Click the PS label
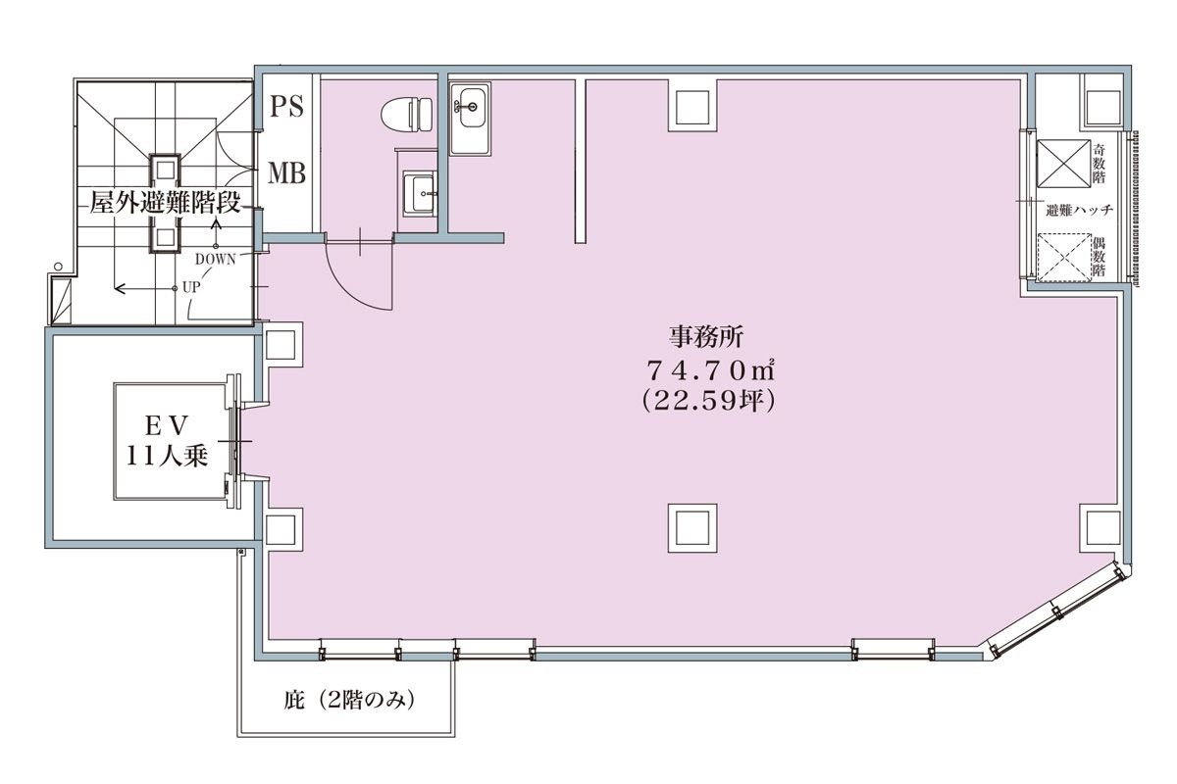coord(286,106)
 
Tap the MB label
coord(286,172)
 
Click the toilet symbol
coord(406,115)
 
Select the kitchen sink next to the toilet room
coord(471,119)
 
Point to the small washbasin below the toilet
coord(420,193)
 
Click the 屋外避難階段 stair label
coord(165,203)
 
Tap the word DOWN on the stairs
coord(216,260)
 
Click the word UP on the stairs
coord(190,287)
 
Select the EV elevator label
coord(167,426)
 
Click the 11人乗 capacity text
coord(167,456)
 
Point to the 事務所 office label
coord(706,336)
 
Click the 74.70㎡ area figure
coord(710,369)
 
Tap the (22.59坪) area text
coord(708,401)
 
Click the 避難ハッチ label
coord(1079,211)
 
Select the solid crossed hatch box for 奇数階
coord(1063,164)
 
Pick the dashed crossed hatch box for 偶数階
coord(1064,258)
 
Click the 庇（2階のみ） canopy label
coord(349,700)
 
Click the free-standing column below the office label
coord(692,528)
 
